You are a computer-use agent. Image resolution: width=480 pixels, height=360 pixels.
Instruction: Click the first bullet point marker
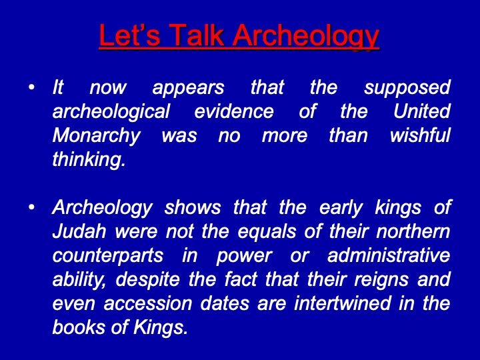(31, 87)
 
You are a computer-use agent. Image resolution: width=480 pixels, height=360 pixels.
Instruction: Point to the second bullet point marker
(31, 207)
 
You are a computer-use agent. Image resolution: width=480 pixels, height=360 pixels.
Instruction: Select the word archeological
(111, 111)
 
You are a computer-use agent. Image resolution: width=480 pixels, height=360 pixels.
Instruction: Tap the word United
(421, 111)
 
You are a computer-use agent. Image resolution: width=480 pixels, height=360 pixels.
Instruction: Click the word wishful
(420, 135)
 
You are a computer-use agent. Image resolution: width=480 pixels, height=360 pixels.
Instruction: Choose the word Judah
(79, 231)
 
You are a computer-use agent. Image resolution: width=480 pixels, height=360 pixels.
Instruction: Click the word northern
(413, 231)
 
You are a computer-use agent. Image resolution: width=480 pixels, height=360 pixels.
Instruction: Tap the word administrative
(389, 255)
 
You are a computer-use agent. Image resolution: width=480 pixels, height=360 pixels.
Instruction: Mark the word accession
(148, 305)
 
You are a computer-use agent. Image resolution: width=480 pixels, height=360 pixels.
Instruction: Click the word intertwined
(343, 303)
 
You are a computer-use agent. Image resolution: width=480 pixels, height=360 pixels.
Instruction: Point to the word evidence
(234, 111)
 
